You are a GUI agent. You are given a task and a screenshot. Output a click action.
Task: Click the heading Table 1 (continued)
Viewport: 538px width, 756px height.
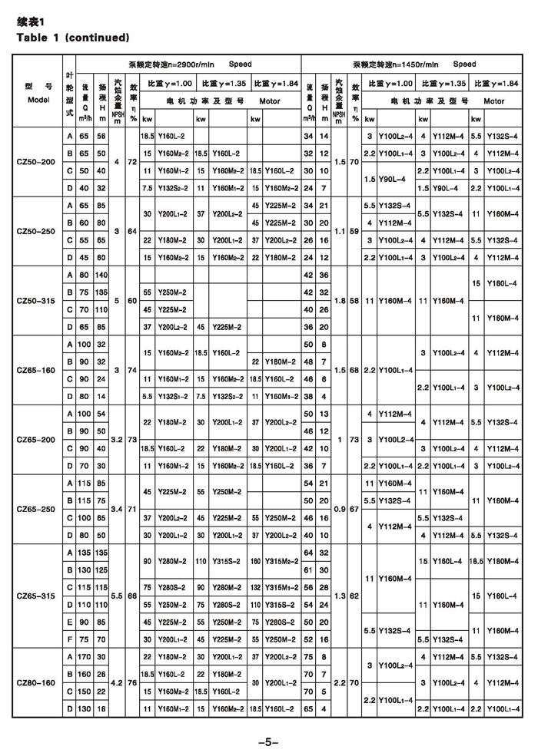pos(72,37)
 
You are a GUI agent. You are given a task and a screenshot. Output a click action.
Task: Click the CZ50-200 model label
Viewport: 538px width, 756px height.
pos(37,161)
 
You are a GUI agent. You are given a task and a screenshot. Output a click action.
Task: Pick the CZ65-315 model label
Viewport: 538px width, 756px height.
pos(37,595)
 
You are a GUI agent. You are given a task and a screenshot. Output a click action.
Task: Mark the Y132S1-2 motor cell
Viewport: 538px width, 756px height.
pos(168,396)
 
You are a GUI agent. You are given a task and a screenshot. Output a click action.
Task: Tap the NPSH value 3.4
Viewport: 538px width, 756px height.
pos(116,508)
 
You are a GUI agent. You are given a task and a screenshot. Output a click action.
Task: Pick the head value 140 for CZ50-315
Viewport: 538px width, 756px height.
pos(101,275)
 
